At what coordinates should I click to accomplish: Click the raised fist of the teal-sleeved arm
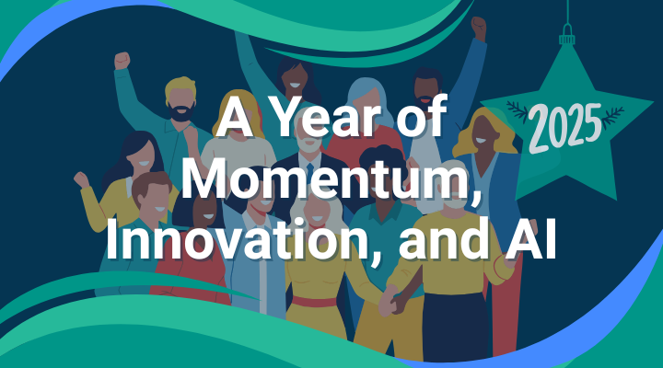coord(122,61)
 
